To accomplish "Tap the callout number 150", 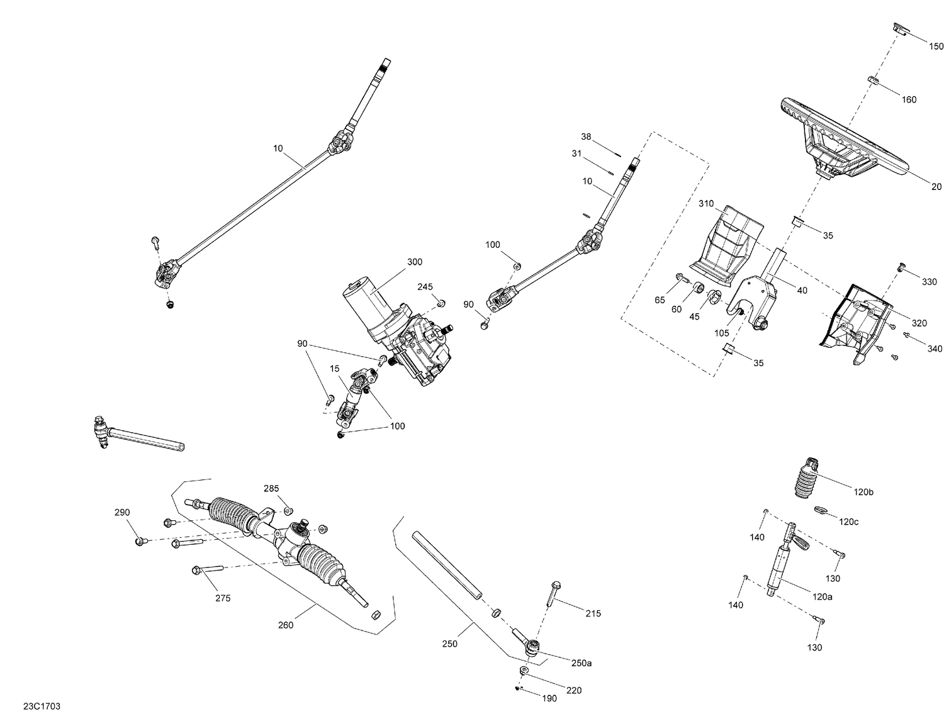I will (x=936, y=47).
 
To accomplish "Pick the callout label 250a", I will (x=581, y=663).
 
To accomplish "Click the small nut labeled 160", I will (x=874, y=80).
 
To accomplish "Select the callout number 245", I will (x=425, y=287).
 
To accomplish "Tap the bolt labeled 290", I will (x=139, y=540).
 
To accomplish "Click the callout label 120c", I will (x=848, y=522).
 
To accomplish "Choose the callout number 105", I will (x=721, y=333).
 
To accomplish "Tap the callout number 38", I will (x=586, y=137).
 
